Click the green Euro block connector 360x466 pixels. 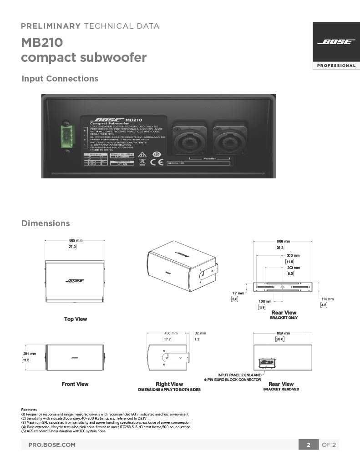click(66, 135)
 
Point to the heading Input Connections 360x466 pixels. click(60, 79)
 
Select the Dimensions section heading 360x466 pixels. click(46, 223)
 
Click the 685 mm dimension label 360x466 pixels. click(76, 240)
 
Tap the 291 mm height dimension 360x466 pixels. click(30, 354)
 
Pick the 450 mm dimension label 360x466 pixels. click(171, 333)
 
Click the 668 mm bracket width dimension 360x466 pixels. click(283, 241)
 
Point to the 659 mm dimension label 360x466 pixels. click(283, 333)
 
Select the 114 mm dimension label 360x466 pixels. click(327, 299)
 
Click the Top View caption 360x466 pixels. click(75, 319)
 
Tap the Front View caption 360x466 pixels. click(75, 384)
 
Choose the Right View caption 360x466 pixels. click(169, 384)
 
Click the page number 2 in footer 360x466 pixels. click(308, 445)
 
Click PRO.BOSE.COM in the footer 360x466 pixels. click(52, 445)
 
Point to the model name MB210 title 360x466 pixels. click(42, 43)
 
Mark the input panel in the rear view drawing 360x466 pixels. click(267, 363)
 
